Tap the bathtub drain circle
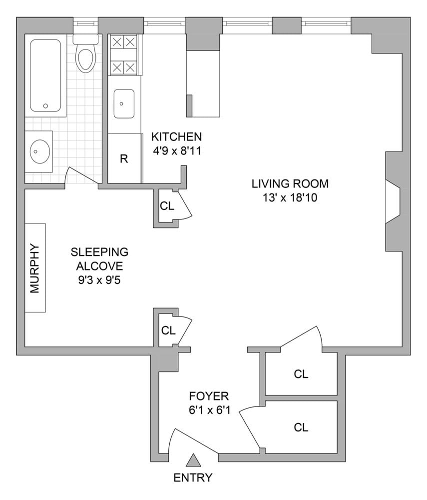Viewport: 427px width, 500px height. (45, 106)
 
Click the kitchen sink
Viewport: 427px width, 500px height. (124, 103)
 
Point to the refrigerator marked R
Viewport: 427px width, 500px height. (124, 158)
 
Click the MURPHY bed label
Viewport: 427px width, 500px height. (34, 268)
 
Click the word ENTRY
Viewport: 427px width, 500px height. (193, 477)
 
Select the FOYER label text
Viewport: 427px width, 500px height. (209, 396)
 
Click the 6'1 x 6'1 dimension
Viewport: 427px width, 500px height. (209, 410)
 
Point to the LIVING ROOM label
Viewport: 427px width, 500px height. (290, 183)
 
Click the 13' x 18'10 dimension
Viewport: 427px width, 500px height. (290, 197)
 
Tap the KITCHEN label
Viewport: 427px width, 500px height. (176, 136)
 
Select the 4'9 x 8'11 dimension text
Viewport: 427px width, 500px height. (177, 150)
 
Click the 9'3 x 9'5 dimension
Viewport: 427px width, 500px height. (99, 280)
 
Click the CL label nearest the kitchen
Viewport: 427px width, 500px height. (167, 206)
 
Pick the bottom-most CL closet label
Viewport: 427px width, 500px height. (301, 427)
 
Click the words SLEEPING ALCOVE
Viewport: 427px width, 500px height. (99, 258)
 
